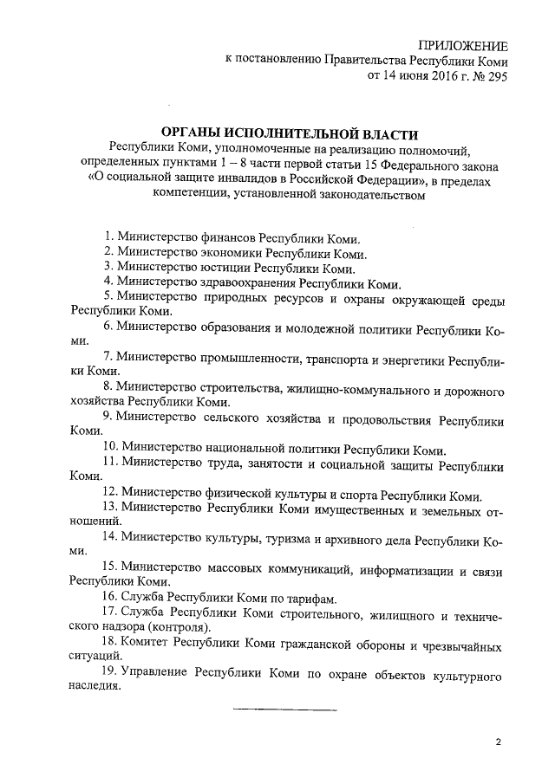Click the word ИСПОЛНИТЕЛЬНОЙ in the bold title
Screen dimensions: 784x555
(x=289, y=134)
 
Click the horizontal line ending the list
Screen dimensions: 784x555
(x=284, y=709)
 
